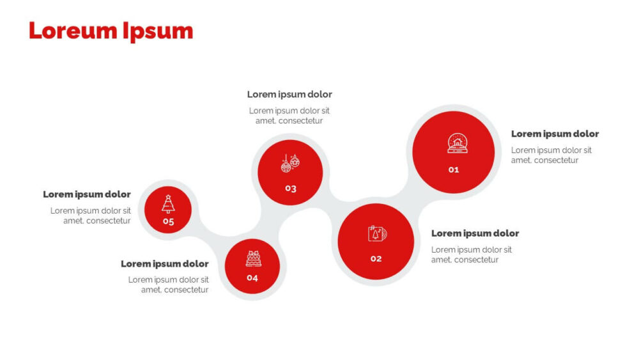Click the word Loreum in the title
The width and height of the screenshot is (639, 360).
[x=73, y=31]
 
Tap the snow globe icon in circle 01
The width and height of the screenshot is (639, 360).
[x=458, y=143]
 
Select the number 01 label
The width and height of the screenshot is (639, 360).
[x=454, y=169]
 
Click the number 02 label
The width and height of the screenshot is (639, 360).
[x=376, y=258]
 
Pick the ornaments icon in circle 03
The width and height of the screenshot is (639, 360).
[x=290, y=163]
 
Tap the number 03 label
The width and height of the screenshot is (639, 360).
[x=291, y=189]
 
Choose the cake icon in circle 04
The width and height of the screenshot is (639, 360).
[x=253, y=259]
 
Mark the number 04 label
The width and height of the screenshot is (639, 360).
[x=252, y=278]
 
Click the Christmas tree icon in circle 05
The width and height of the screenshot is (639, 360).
[x=168, y=204]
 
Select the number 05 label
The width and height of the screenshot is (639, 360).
[x=168, y=221]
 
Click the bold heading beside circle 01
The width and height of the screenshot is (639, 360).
[x=555, y=134]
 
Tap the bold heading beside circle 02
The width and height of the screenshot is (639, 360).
[x=475, y=233]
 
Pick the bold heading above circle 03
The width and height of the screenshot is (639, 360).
[x=289, y=94]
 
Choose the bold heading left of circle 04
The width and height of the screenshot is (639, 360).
[x=165, y=264]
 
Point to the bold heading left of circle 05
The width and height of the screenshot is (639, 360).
[x=87, y=194]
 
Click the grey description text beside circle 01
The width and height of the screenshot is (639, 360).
[x=551, y=155]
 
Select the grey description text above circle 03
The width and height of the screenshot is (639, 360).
[x=289, y=116]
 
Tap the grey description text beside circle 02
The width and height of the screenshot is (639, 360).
[x=472, y=254]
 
